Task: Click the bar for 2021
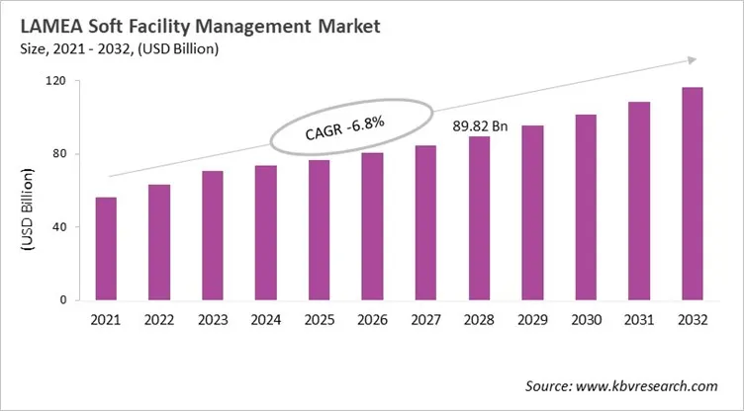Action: point(106,248)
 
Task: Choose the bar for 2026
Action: point(372,226)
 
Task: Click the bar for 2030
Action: point(586,206)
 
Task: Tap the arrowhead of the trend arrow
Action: point(691,60)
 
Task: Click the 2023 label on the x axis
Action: point(213,321)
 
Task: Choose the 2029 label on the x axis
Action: point(532,321)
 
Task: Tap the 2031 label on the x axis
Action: point(639,321)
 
